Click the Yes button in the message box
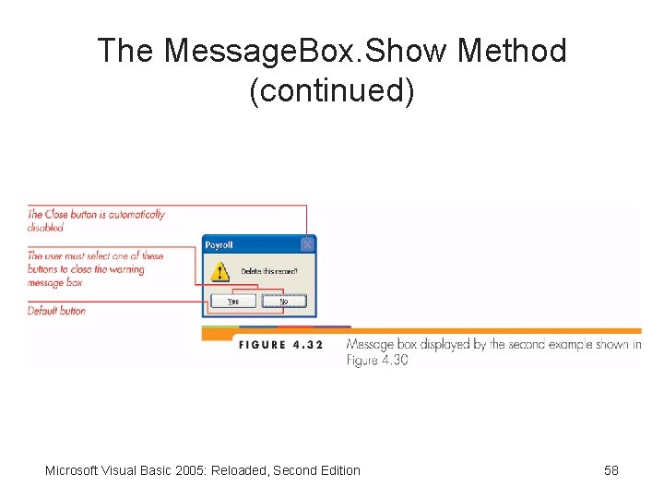click(x=233, y=301)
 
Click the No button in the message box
click(x=283, y=301)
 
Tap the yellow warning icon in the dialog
click(x=219, y=272)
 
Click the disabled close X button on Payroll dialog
click(x=307, y=244)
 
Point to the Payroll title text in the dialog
click(x=219, y=245)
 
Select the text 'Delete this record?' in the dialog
click(x=268, y=271)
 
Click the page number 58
click(x=611, y=470)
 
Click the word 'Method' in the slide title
click(x=512, y=51)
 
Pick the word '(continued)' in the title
click(x=332, y=90)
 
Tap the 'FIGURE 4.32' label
click(x=281, y=345)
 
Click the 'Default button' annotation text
click(x=56, y=311)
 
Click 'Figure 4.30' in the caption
click(x=377, y=360)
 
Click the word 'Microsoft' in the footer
click(x=73, y=470)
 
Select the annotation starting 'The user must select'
click(x=95, y=268)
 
